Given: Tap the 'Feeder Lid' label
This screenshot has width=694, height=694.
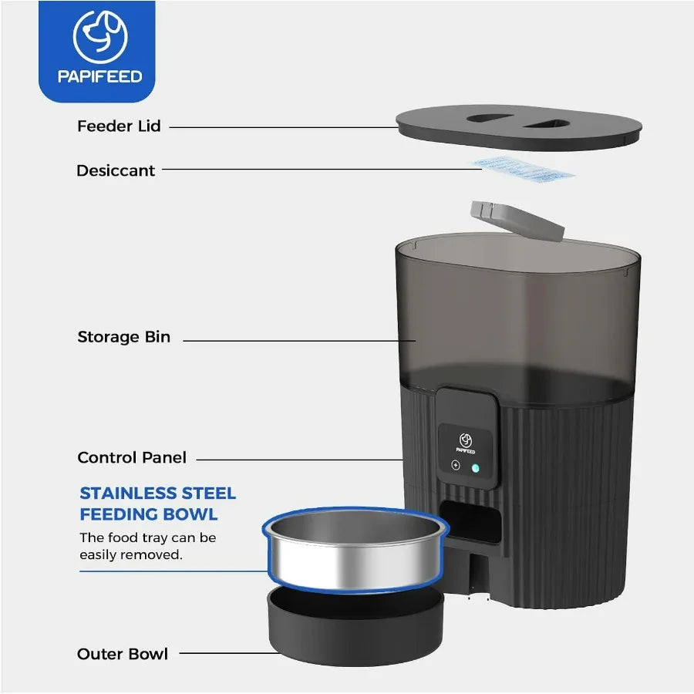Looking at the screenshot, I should click(x=119, y=126).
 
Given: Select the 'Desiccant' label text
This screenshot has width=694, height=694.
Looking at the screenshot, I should click(x=116, y=170).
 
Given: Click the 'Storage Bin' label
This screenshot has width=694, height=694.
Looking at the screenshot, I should click(x=123, y=337).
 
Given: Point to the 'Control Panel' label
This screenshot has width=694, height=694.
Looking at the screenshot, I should click(x=132, y=457).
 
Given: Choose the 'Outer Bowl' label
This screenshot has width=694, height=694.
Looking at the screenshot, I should click(x=123, y=654).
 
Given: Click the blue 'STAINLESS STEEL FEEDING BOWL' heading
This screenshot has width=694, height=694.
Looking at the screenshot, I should click(x=158, y=504).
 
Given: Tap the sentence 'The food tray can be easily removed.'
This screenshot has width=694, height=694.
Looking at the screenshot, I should click(x=148, y=546).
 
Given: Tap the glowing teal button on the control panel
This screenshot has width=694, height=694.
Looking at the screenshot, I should click(x=475, y=467).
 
